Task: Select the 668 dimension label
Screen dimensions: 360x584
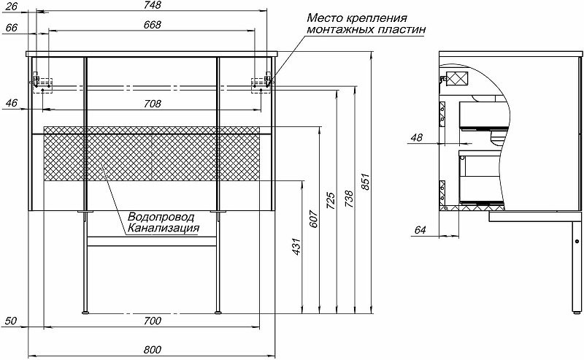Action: click(x=151, y=25)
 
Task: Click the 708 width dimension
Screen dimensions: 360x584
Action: click(x=152, y=104)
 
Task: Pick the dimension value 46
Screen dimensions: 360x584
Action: click(x=11, y=103)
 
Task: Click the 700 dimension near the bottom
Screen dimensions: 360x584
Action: click(x=152, y=321)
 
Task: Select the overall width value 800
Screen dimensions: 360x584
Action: click(x=152, y=350)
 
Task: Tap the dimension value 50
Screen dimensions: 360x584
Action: click(x=11, y=321)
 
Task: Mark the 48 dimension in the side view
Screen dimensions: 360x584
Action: click(x=417, y=137)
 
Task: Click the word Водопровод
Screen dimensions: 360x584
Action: click(x=161, y=218)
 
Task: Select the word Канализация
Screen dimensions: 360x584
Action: click(x=162, y=229)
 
